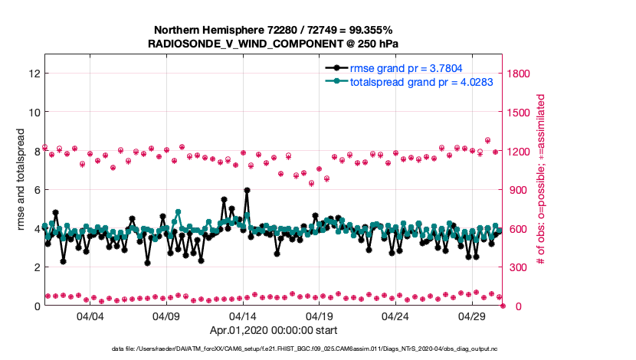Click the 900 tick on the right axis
pyautogui.click(x=518, y=190)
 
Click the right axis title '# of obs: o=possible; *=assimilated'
pyautogui.click(x=541, y=180)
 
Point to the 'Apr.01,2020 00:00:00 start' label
pyautogui.click(x=273, y=331)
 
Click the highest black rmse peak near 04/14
pyautogui.click(x=247, y=190)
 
